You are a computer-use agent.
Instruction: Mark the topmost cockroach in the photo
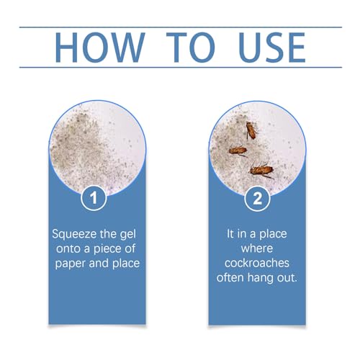[250, 130]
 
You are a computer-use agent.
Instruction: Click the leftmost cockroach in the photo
[238, 151]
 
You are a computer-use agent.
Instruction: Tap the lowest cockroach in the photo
[261, 171]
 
